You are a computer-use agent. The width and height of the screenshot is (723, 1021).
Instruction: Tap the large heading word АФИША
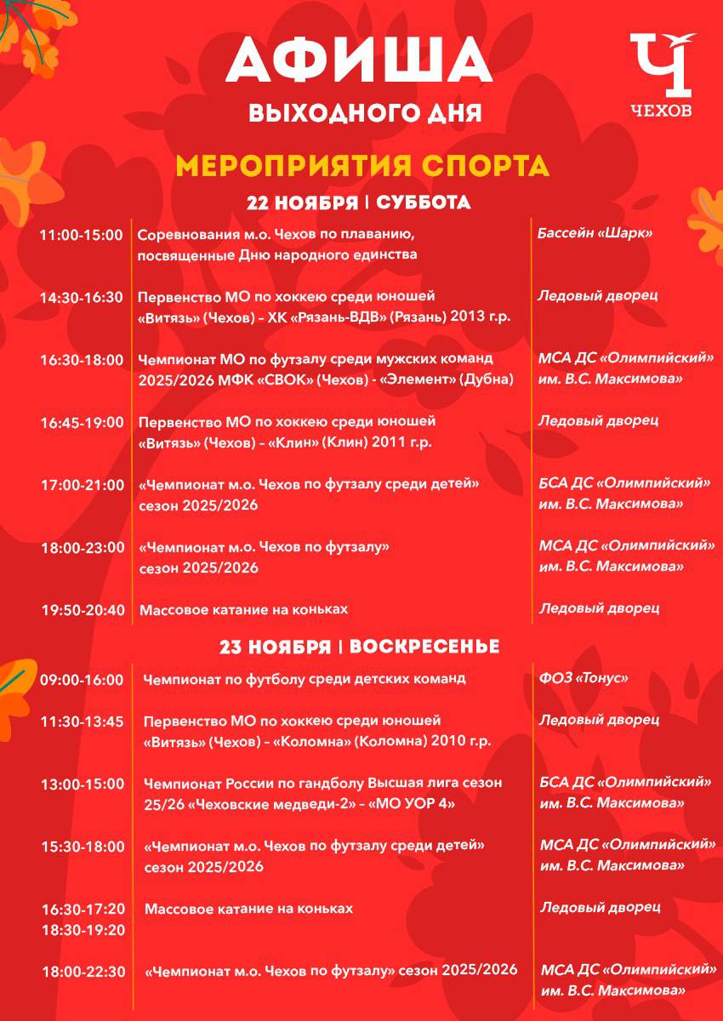361,63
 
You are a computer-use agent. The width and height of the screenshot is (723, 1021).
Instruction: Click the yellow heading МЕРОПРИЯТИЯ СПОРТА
361,165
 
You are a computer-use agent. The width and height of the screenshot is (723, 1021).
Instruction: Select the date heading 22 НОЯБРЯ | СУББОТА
358,203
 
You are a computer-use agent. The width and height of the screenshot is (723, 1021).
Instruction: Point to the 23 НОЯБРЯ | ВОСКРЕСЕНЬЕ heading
359,647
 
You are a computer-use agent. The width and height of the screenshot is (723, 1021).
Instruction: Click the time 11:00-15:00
82,235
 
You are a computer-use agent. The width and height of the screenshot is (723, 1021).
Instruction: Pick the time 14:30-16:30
82,297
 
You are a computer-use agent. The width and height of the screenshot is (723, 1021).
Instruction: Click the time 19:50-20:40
82,609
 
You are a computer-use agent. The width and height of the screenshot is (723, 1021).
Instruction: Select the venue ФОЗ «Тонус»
583,678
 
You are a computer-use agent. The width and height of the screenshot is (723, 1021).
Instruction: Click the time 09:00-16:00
82,680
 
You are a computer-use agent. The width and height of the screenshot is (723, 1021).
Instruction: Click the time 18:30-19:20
83,930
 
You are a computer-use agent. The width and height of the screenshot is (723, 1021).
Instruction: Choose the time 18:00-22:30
83,972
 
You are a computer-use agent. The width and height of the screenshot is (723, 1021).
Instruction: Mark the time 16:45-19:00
82,422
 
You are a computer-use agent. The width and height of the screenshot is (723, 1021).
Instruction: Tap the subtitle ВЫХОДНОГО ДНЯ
365,112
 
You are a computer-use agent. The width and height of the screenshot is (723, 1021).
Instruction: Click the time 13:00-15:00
83,784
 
